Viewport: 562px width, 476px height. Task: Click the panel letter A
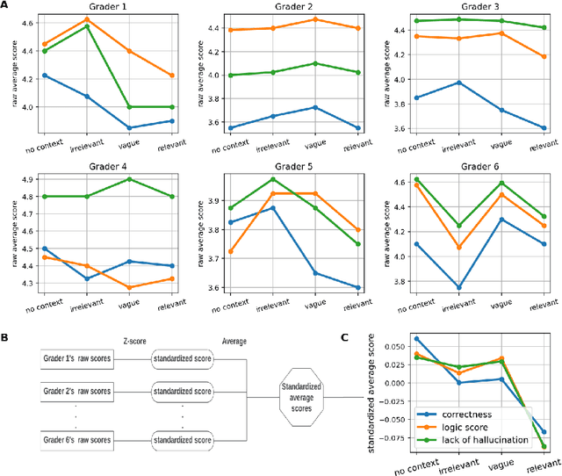point(5,6)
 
